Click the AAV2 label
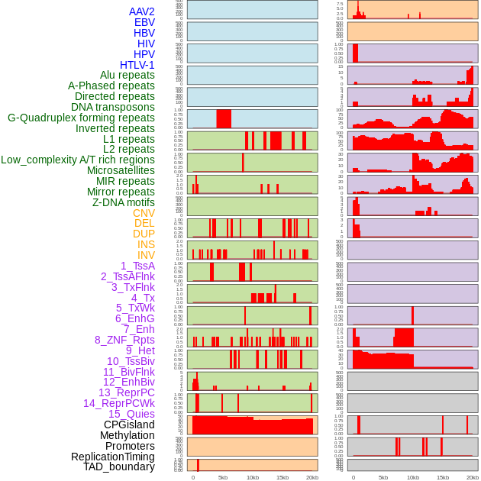coord(142,11)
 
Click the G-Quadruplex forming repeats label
coord(81,118)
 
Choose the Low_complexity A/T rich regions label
coord(78,160)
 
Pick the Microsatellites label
coord(121,171)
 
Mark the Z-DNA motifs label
coord(124,203)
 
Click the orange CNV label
coord(144,214)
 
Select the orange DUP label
coord(144,234)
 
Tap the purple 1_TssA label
coord(137,266)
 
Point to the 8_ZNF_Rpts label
coord(124,340)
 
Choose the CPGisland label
coord(129,425)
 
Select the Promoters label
coord(130,446)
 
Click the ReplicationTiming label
coord(112,457)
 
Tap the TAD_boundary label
coord(119,466)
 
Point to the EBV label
coord(144,22)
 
